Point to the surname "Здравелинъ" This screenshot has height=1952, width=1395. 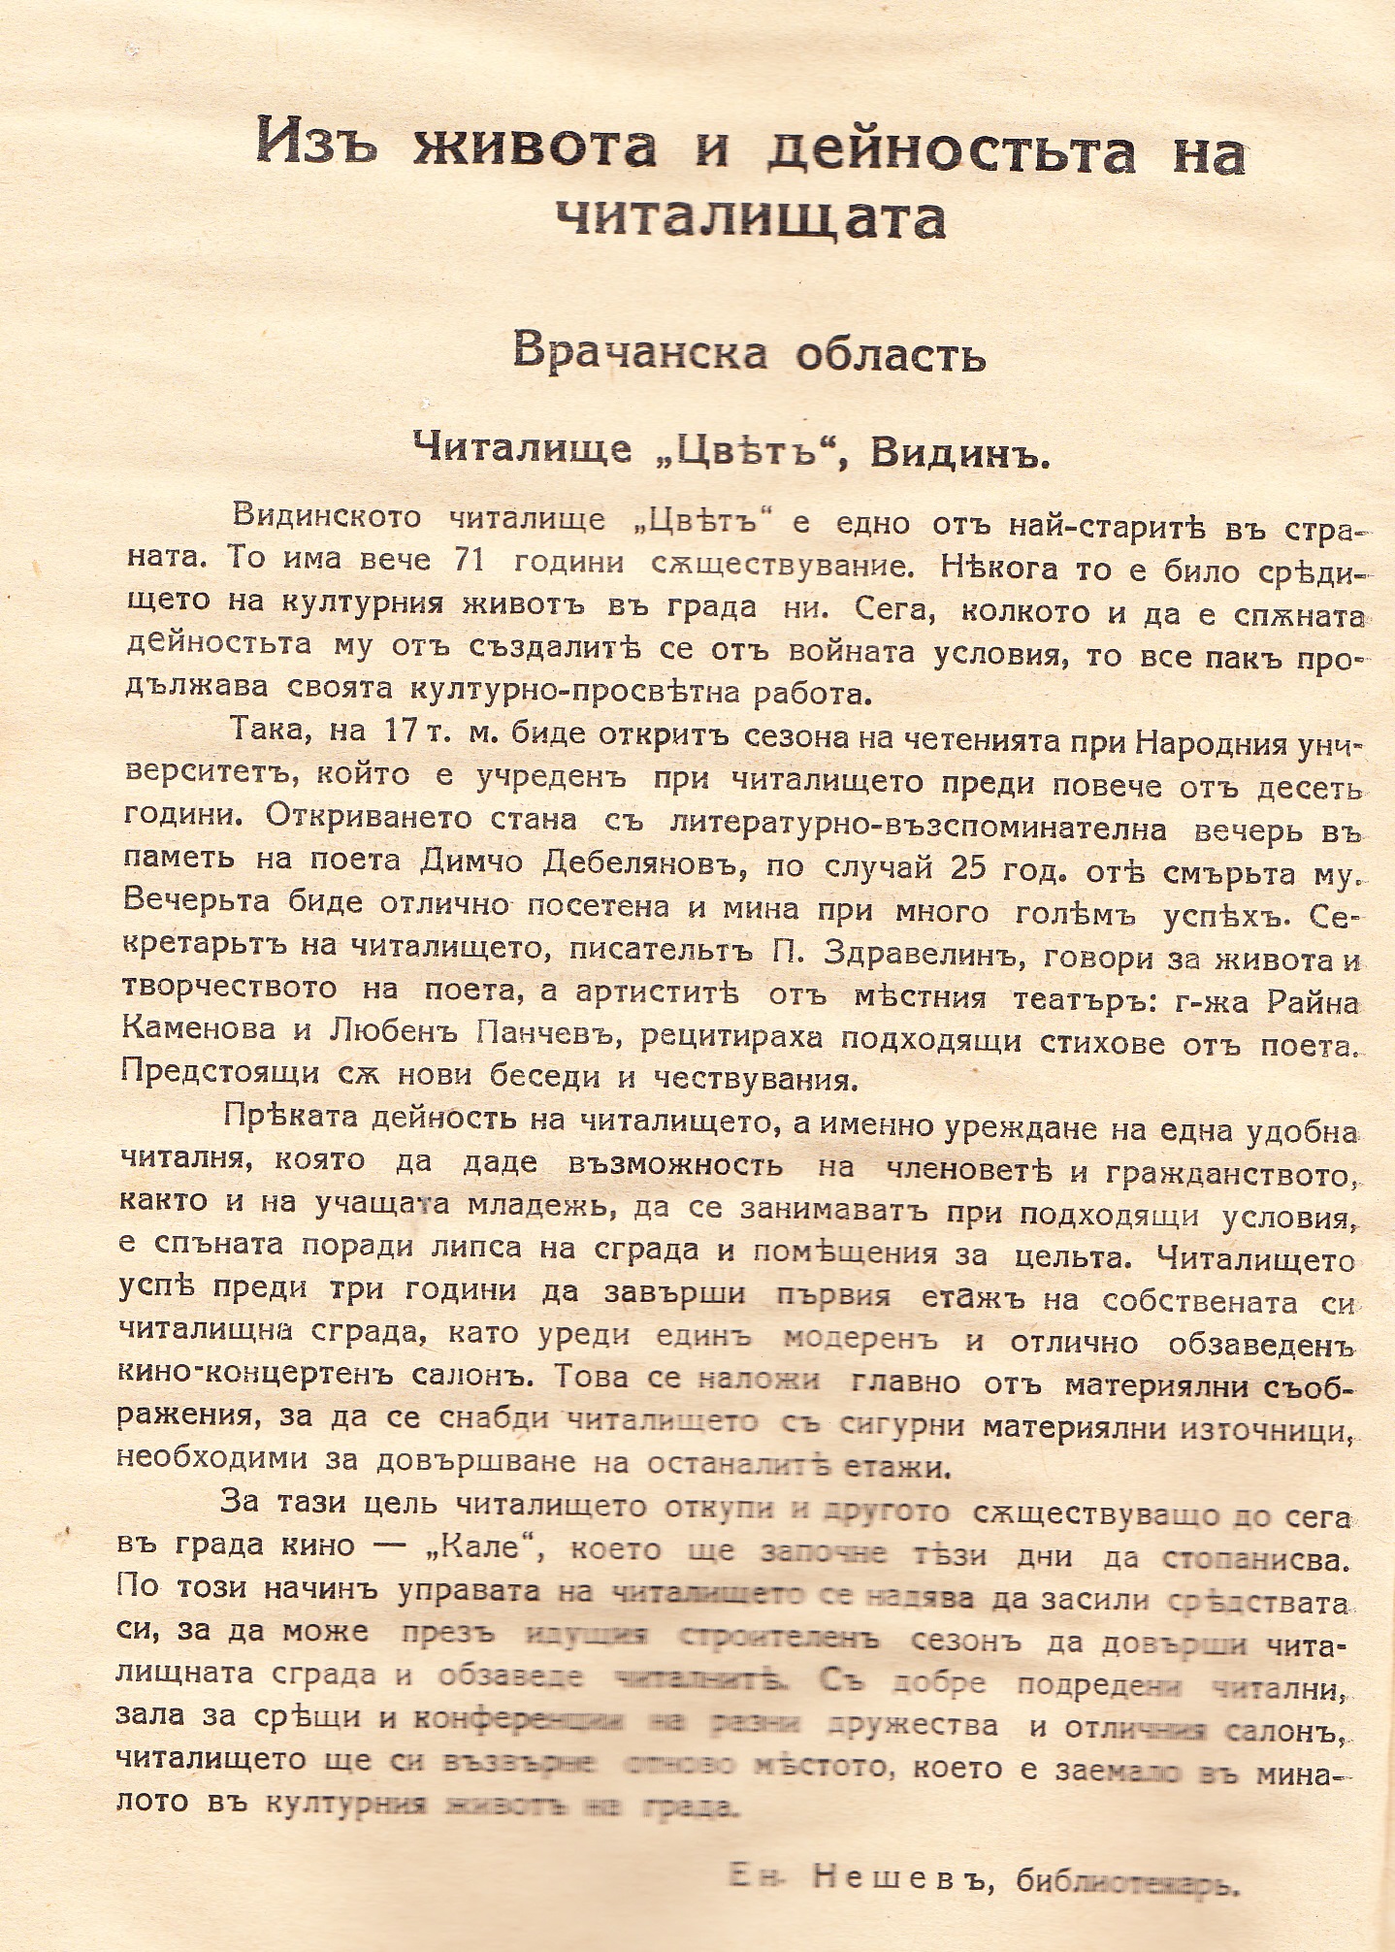tap(923, 952)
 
